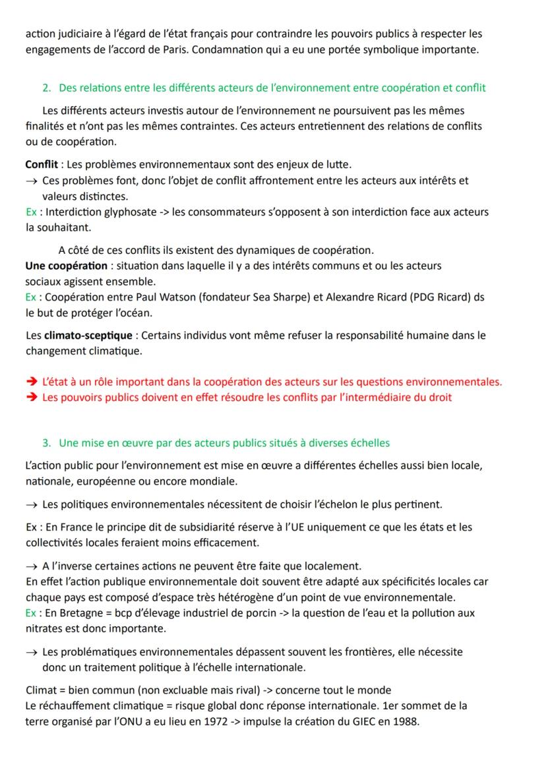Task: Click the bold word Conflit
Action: pos(41,163)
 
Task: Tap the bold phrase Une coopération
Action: pos(66,265)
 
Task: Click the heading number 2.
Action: pos(45,88)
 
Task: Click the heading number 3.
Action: pos(45,442)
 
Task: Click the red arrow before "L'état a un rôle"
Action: pos(31,382)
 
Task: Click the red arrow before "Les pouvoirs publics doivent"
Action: pos(31,397)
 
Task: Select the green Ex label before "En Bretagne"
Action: pos(30,612)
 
